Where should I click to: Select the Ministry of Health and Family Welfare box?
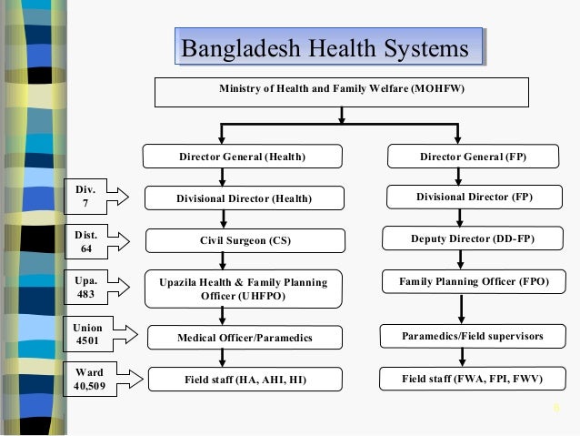(x=341, y=92)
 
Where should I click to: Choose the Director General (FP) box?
(x=473, y=157)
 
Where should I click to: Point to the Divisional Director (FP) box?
(x=474, y=197)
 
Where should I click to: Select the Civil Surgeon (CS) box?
(x=245, y=241)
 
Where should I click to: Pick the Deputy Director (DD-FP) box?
(x=473, y=240)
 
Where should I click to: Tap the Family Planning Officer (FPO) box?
(x=474, y=282)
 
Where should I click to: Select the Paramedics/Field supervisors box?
(x=473, y=336)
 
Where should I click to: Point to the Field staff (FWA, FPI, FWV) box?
(x=473, y=377)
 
